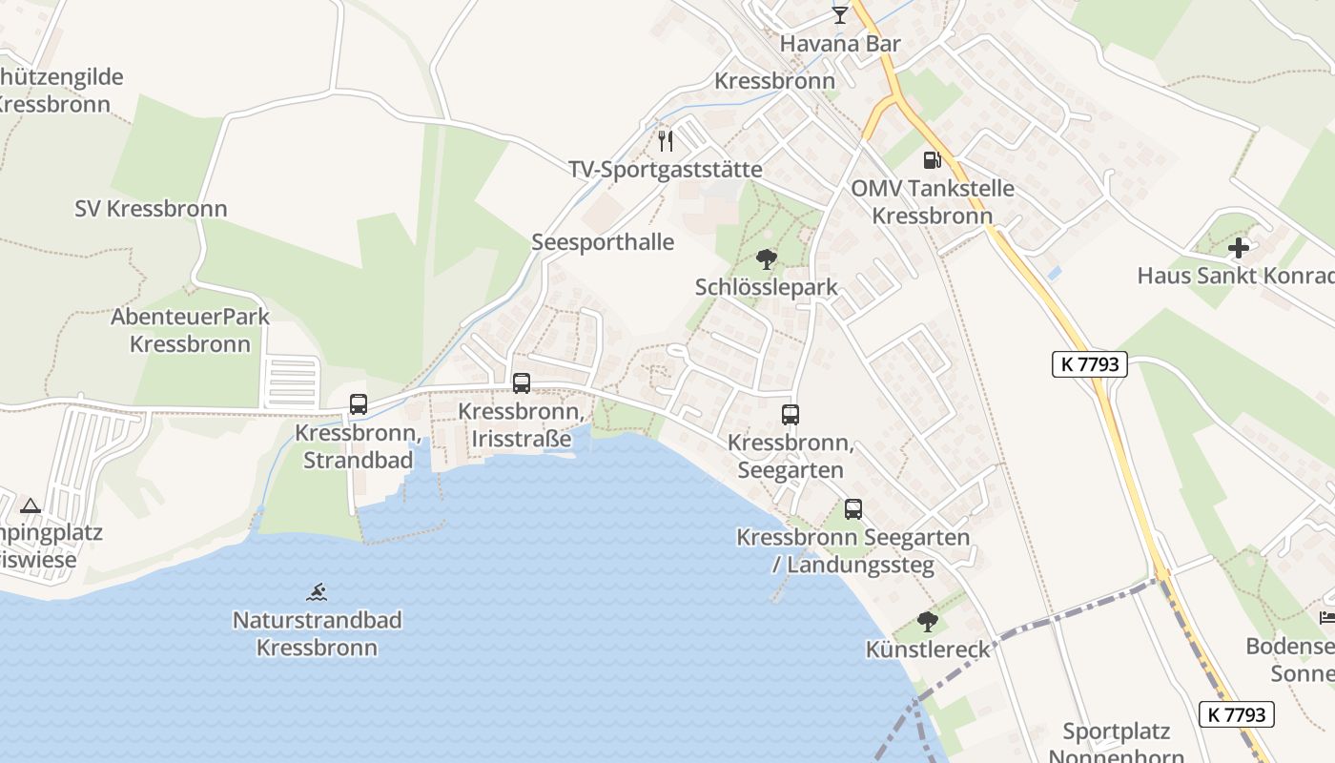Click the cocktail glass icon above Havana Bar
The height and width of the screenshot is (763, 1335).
(x=839, y=14)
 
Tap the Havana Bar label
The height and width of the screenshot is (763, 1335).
(x=840, y=44)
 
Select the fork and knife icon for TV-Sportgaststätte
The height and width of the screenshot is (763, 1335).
(x=666, y=141)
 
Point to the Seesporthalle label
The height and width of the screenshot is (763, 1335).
(x=603, y=242)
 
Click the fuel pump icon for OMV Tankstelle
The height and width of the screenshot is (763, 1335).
(x=932, y=160)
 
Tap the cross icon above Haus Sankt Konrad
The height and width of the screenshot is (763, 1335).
(x=1238, y=248)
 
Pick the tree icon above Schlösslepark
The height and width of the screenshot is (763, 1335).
(x=766, y=258)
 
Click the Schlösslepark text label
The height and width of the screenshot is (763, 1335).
(x=767, y=287)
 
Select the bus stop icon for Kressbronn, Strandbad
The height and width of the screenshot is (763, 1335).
(x=359, y=404)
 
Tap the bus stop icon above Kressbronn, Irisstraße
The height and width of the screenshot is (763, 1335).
(x=521, y=383)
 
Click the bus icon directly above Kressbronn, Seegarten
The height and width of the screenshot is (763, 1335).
(x=790, y=415)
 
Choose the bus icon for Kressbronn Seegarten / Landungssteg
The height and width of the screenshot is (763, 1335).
(x=852, y=509)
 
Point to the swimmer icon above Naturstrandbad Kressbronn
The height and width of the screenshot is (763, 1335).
(x=317, y=592)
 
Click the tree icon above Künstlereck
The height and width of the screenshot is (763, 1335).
(x=927, y=622)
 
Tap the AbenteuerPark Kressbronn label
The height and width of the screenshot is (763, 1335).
(x=191, y=330)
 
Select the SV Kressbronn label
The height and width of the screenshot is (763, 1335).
(x=151, y=209)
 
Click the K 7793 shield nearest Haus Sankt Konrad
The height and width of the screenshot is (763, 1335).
(x=1090, y=363)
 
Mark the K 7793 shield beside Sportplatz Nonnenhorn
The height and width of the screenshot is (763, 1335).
(x=1236, y=713)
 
